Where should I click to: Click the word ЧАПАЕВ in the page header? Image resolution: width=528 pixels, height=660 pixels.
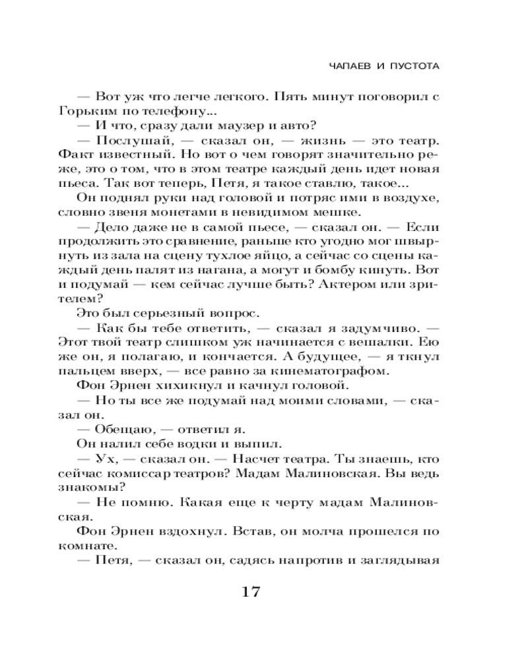point(348,67)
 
